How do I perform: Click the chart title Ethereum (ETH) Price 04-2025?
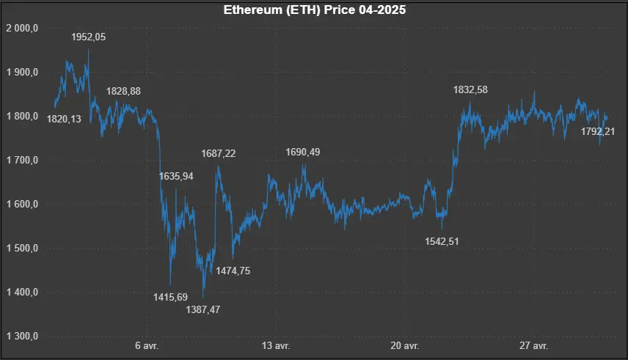coord(314,11)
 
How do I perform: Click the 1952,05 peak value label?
coord(89,37)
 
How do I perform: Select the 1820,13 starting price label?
coord(64,119)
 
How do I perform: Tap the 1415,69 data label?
coord(170,297)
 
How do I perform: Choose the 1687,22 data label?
coord(219,153)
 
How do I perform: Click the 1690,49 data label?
coord(302,152)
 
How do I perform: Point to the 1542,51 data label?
coord(442,240)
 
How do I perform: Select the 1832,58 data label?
coord(470,89)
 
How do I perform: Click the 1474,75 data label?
coord(233,271)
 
